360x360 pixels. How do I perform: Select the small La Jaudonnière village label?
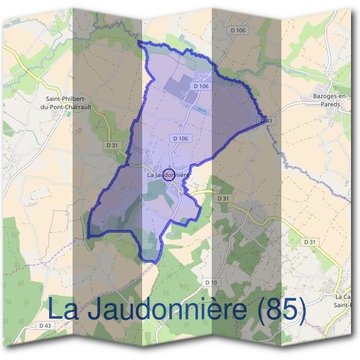168,175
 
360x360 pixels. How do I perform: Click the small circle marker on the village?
169,175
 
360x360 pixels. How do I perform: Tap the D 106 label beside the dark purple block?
201,86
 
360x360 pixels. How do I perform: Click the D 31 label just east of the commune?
223,198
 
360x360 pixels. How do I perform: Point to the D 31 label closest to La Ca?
310,241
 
